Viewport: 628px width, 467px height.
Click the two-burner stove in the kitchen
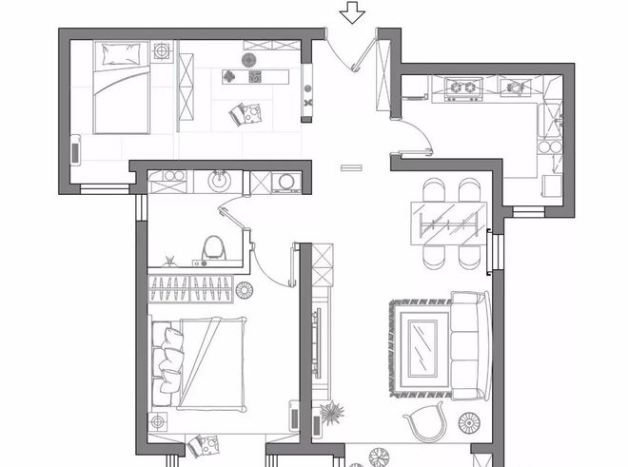click(464, 88)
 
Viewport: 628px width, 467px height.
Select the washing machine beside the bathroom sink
click(284, 181)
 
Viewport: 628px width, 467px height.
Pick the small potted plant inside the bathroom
click(169, 259)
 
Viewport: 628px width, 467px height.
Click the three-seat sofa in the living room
click(466, 345)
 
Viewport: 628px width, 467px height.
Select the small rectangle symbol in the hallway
click(351, 167)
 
